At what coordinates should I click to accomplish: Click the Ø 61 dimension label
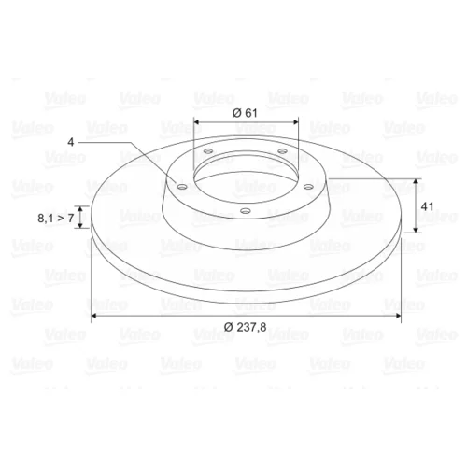(245, 113)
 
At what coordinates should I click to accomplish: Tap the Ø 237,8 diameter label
(246, 327)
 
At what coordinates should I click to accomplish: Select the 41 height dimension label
(427, 206)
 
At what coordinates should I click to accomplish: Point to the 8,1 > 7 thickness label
(56, 218)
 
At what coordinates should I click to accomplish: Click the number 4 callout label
(71, 142)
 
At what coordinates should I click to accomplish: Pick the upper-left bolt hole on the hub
(208, 151)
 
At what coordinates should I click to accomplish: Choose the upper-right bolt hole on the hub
(282, 151)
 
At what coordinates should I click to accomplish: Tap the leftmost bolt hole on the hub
(181, 187)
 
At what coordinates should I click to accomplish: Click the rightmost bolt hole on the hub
(308, 187)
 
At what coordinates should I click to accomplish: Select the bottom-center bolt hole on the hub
(246, 211)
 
